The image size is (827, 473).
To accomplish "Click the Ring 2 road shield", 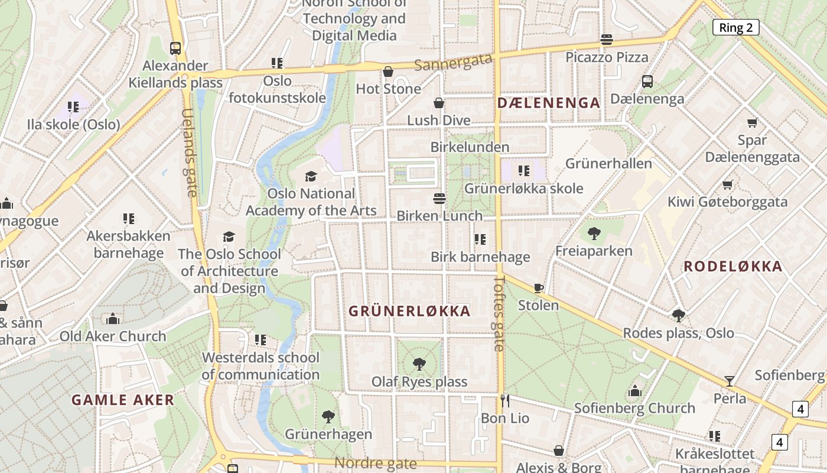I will click(x=735, y=27).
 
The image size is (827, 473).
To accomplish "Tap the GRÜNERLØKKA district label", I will click(x=409, y=311).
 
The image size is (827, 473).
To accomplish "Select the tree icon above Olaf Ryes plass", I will click(x=419, y=364).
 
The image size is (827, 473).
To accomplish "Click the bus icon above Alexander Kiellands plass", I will click(x=175, y=48).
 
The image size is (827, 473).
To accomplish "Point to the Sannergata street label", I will click(x=453, y=61).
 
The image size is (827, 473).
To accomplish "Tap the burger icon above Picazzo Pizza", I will click(x=607, y=40).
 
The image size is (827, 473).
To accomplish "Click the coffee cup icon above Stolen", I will click(x=538, y=288).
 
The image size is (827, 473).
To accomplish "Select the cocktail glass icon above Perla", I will click(x=730, y=381).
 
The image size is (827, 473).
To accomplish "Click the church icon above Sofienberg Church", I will click(x=635, y=391).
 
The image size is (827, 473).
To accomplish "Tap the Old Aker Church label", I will click(x=113, y=336).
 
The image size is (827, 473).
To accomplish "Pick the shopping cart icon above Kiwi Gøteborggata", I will click(x=728, y=184).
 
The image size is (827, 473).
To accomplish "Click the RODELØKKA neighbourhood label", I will click(x=733, y=266).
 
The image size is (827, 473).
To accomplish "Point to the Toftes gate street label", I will click(x=499, y=313).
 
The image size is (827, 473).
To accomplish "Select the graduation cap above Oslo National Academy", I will click(x=311, y=176).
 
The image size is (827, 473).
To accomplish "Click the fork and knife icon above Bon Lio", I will click(x=504, y=401).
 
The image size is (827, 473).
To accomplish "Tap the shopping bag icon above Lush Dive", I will click(x=439, y=103).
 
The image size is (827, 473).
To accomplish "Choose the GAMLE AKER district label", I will click(x=123, y=400).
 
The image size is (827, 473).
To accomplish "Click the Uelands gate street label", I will click(x=189, y=153).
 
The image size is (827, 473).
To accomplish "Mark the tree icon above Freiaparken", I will click(x=594, y=234).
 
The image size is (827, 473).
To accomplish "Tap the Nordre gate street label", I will click(x=376, y=463).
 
